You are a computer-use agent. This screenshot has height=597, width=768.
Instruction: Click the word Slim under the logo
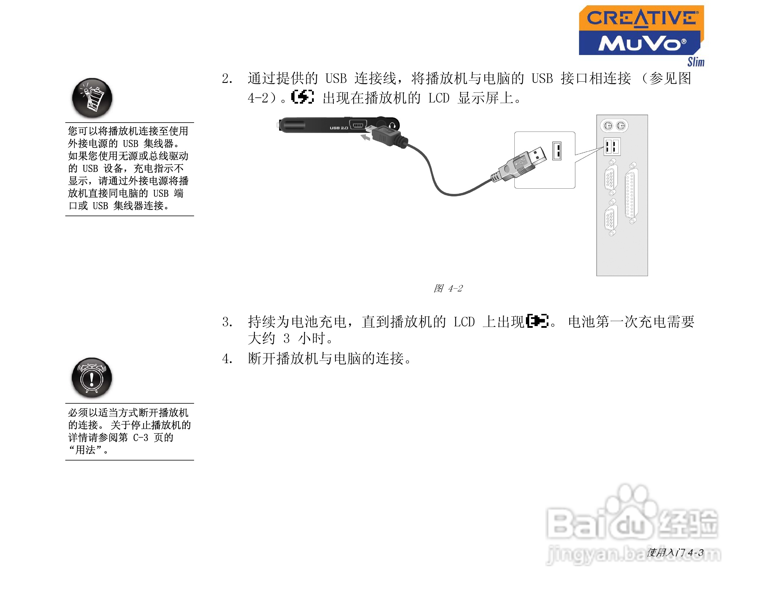point(696,62)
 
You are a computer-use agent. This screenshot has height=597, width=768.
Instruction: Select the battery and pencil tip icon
point(92,98)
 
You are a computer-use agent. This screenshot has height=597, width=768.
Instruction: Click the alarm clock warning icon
point(92,378)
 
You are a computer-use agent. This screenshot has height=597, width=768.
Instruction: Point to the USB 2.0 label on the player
point(339,128)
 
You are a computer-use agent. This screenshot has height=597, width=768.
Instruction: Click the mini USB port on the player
point(358,125)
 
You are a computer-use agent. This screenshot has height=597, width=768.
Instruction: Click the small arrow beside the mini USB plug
point(366,138)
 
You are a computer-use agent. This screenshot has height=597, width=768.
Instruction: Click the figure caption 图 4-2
point(448,288)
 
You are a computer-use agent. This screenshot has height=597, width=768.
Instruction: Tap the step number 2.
point(227,79)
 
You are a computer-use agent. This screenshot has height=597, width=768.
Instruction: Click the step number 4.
point(227,359)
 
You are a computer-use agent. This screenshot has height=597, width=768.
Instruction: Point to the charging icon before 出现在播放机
point(303,97)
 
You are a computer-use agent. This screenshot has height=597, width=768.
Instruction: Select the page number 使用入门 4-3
point(675,553)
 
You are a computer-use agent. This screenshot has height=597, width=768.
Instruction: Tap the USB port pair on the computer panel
point(612,146)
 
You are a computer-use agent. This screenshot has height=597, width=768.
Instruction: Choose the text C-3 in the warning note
point(140,438)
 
